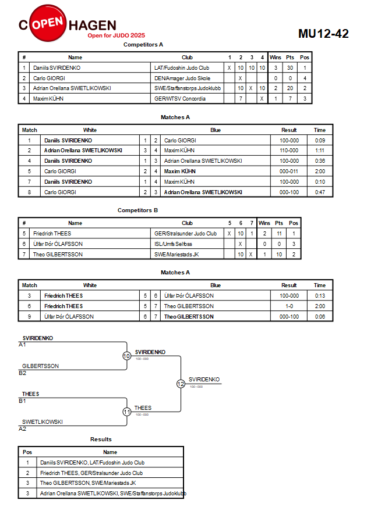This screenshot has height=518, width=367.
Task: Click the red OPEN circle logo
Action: click(x=48, y=23)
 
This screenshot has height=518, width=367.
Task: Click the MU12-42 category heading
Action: click(x=323, y=34)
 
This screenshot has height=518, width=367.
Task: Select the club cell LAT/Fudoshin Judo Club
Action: click(x=182, y=67)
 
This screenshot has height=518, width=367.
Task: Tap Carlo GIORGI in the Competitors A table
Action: click(x=49, y=78)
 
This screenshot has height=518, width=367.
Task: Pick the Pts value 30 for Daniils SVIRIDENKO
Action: click(x=290, y=67)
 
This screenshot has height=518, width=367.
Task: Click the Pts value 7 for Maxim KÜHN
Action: click(x=290, y=99)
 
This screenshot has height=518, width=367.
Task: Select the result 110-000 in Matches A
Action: click(x=289, y=151)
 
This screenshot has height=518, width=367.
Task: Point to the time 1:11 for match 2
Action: click(x=320, y=151)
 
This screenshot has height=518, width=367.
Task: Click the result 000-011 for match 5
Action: click(x=289, y=172)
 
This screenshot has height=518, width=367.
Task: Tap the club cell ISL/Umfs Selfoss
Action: click(x=173, y=244)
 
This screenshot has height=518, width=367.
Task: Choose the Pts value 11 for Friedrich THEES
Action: click(x=279, y=234)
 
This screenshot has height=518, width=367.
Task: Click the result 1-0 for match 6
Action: click(x=289, y=306)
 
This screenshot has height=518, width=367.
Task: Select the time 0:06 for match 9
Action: click(x=320, y=317)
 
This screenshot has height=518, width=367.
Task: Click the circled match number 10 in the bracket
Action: click(x=127, y=356)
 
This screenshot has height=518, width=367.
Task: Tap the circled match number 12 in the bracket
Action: click(x=181, y=384)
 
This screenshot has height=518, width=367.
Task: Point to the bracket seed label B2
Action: click(x=23, y=373)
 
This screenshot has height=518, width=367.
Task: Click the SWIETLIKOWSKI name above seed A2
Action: click(x=43, y=422)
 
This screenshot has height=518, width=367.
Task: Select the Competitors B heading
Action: click(x=137, y=210)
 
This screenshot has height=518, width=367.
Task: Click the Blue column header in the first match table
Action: click(x=216, y=130)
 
